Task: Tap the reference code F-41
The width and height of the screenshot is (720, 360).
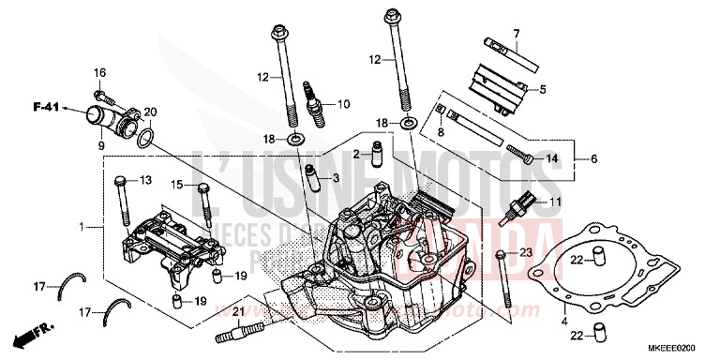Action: click(36, 110)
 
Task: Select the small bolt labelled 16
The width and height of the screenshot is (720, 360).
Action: click(105, 94)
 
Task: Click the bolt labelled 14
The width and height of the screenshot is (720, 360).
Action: click(522, 154)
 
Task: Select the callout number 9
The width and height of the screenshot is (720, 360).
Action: click(99, 146)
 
